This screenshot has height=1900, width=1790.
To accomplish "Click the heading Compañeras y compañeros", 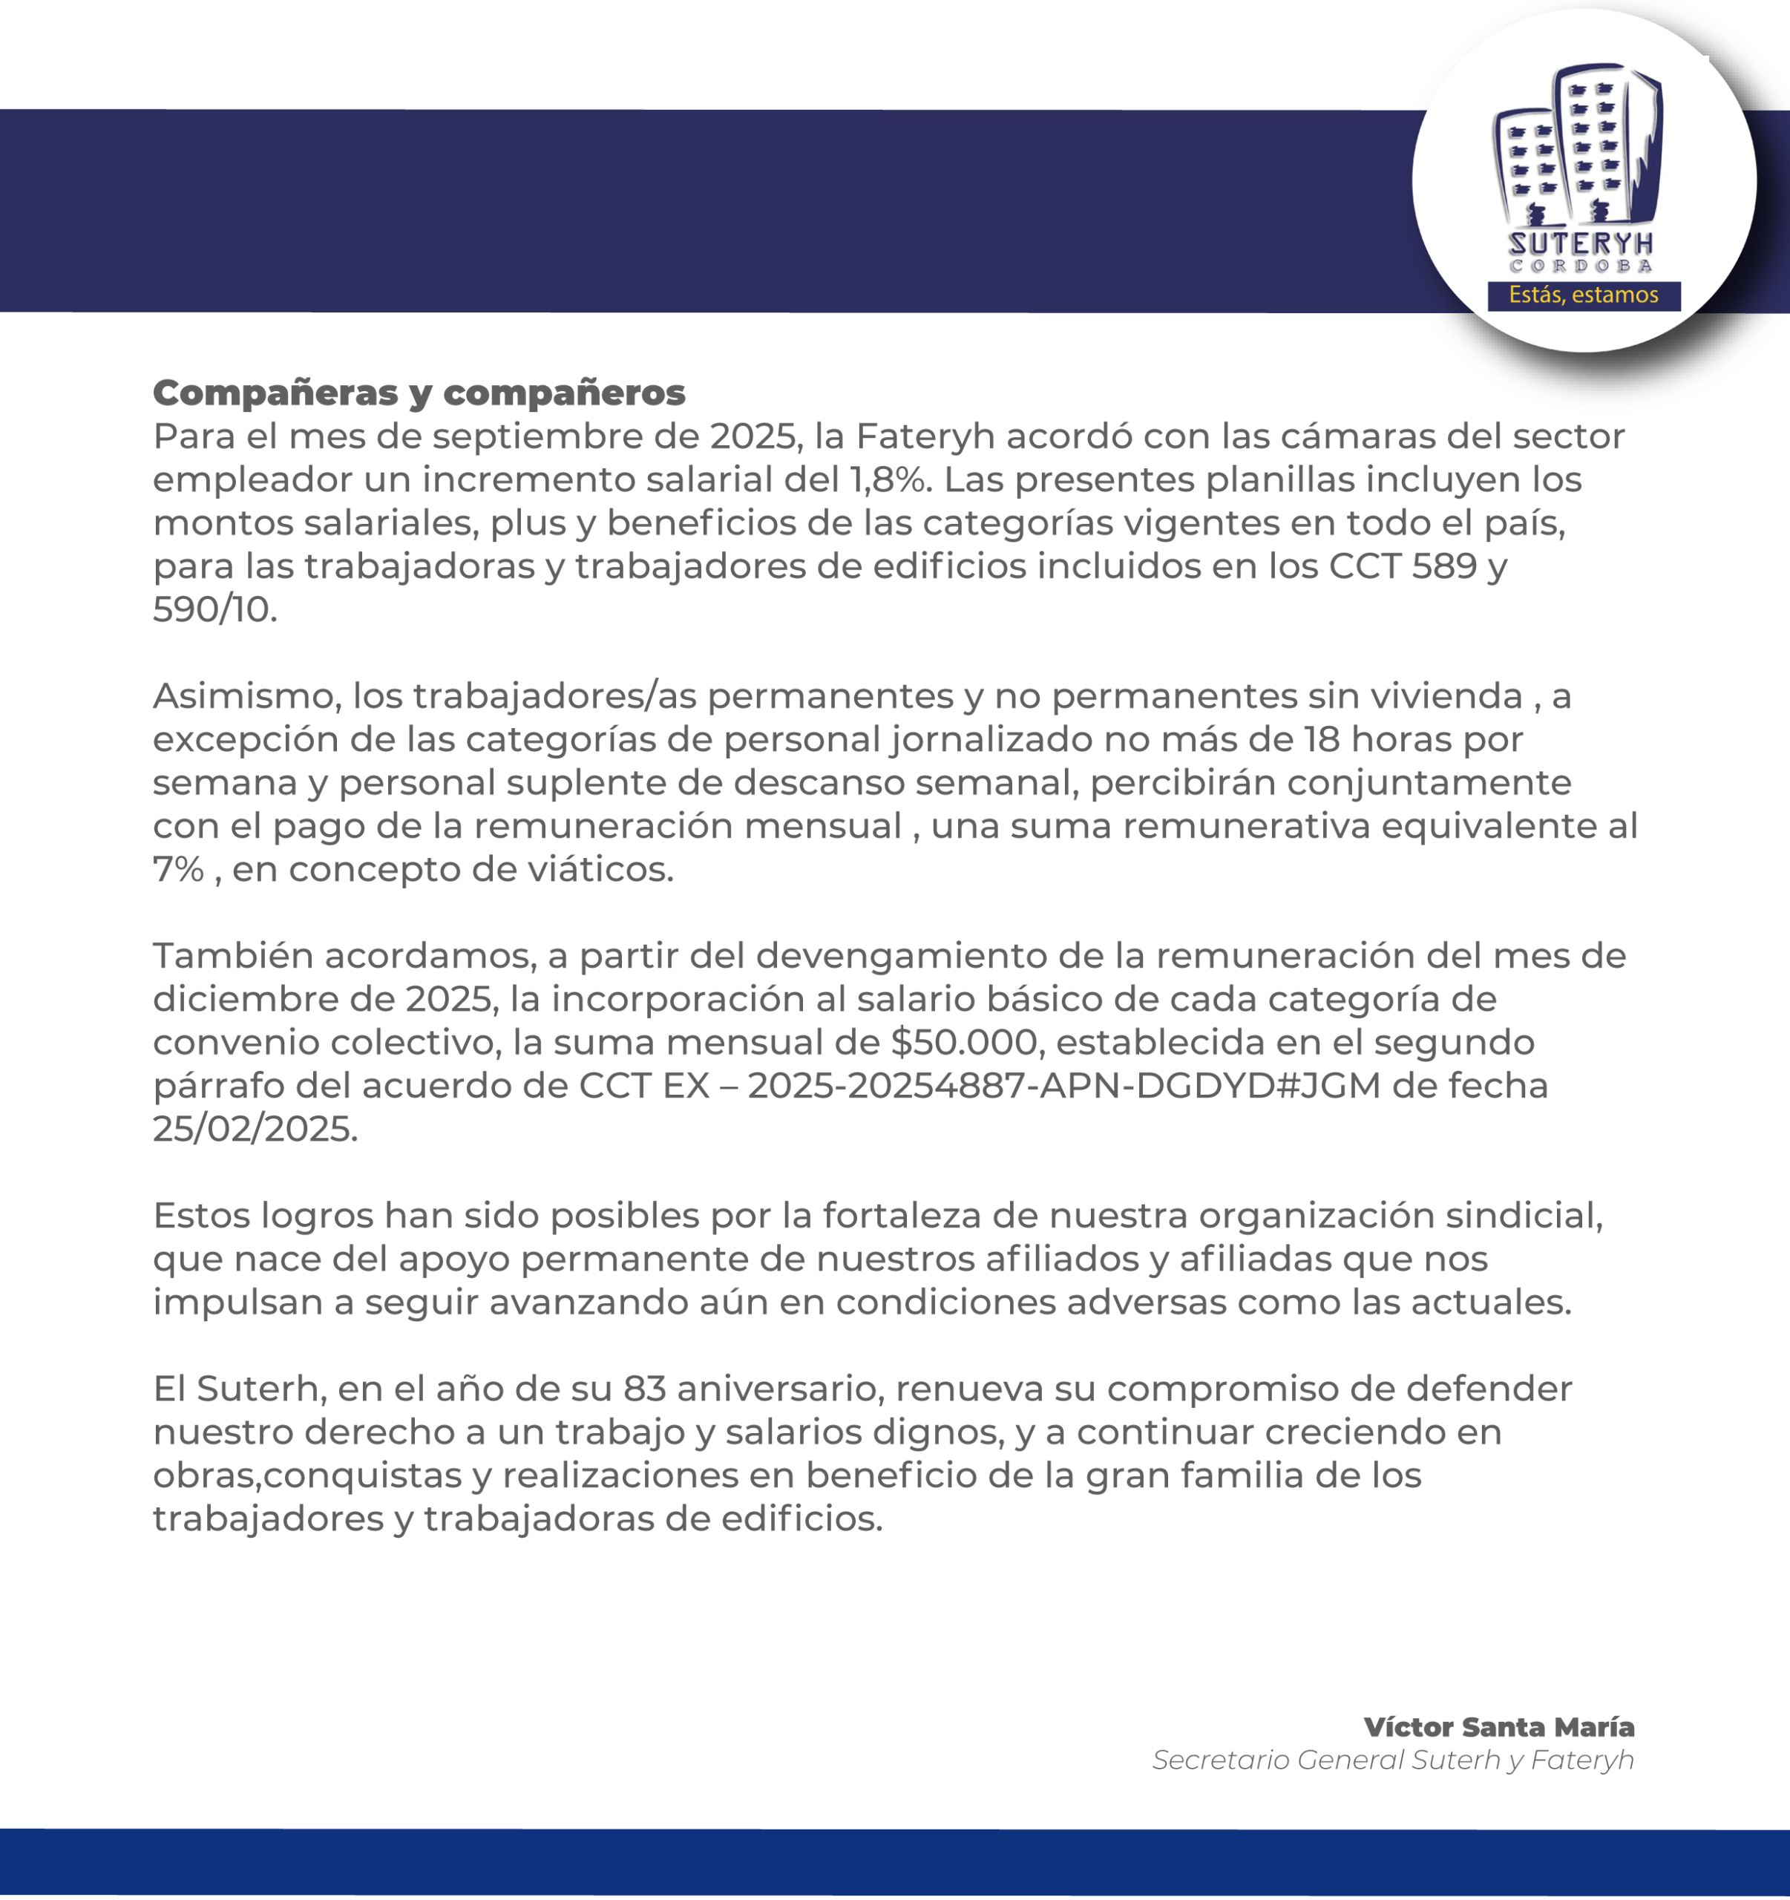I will click(x=419, y=392).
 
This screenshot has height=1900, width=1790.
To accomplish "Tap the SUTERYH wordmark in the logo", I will click(x=1581, y=243).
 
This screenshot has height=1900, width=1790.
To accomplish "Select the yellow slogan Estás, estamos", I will click(x=1583, y=295).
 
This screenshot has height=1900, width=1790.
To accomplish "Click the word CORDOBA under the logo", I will click(x=1581, y=266).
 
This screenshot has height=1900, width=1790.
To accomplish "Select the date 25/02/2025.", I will click(x=255, y=1129).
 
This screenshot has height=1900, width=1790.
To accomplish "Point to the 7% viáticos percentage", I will click(x=178, y=869).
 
